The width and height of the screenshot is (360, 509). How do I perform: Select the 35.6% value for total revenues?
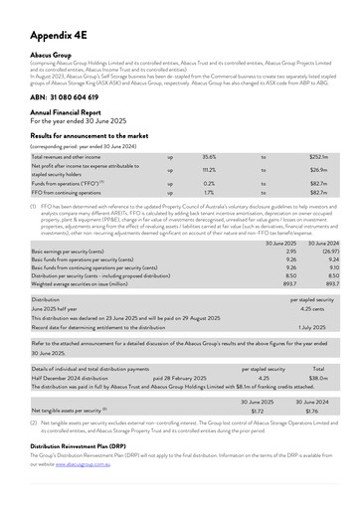click(x=209, y=157)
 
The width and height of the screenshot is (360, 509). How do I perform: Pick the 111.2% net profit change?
click(x=209, y=170)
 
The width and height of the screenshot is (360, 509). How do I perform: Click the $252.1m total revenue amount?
click(x=318, y=157)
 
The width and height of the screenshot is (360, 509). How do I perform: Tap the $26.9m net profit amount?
click(x=319, y=170)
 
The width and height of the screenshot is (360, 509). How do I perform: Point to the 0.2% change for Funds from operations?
click(x=209, y=184)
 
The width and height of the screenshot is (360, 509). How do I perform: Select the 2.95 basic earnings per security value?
click(x=290, y=253)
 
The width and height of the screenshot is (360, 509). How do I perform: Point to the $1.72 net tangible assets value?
click(x=258, y=410)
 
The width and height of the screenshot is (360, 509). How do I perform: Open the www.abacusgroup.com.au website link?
click(x=83, y=463)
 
